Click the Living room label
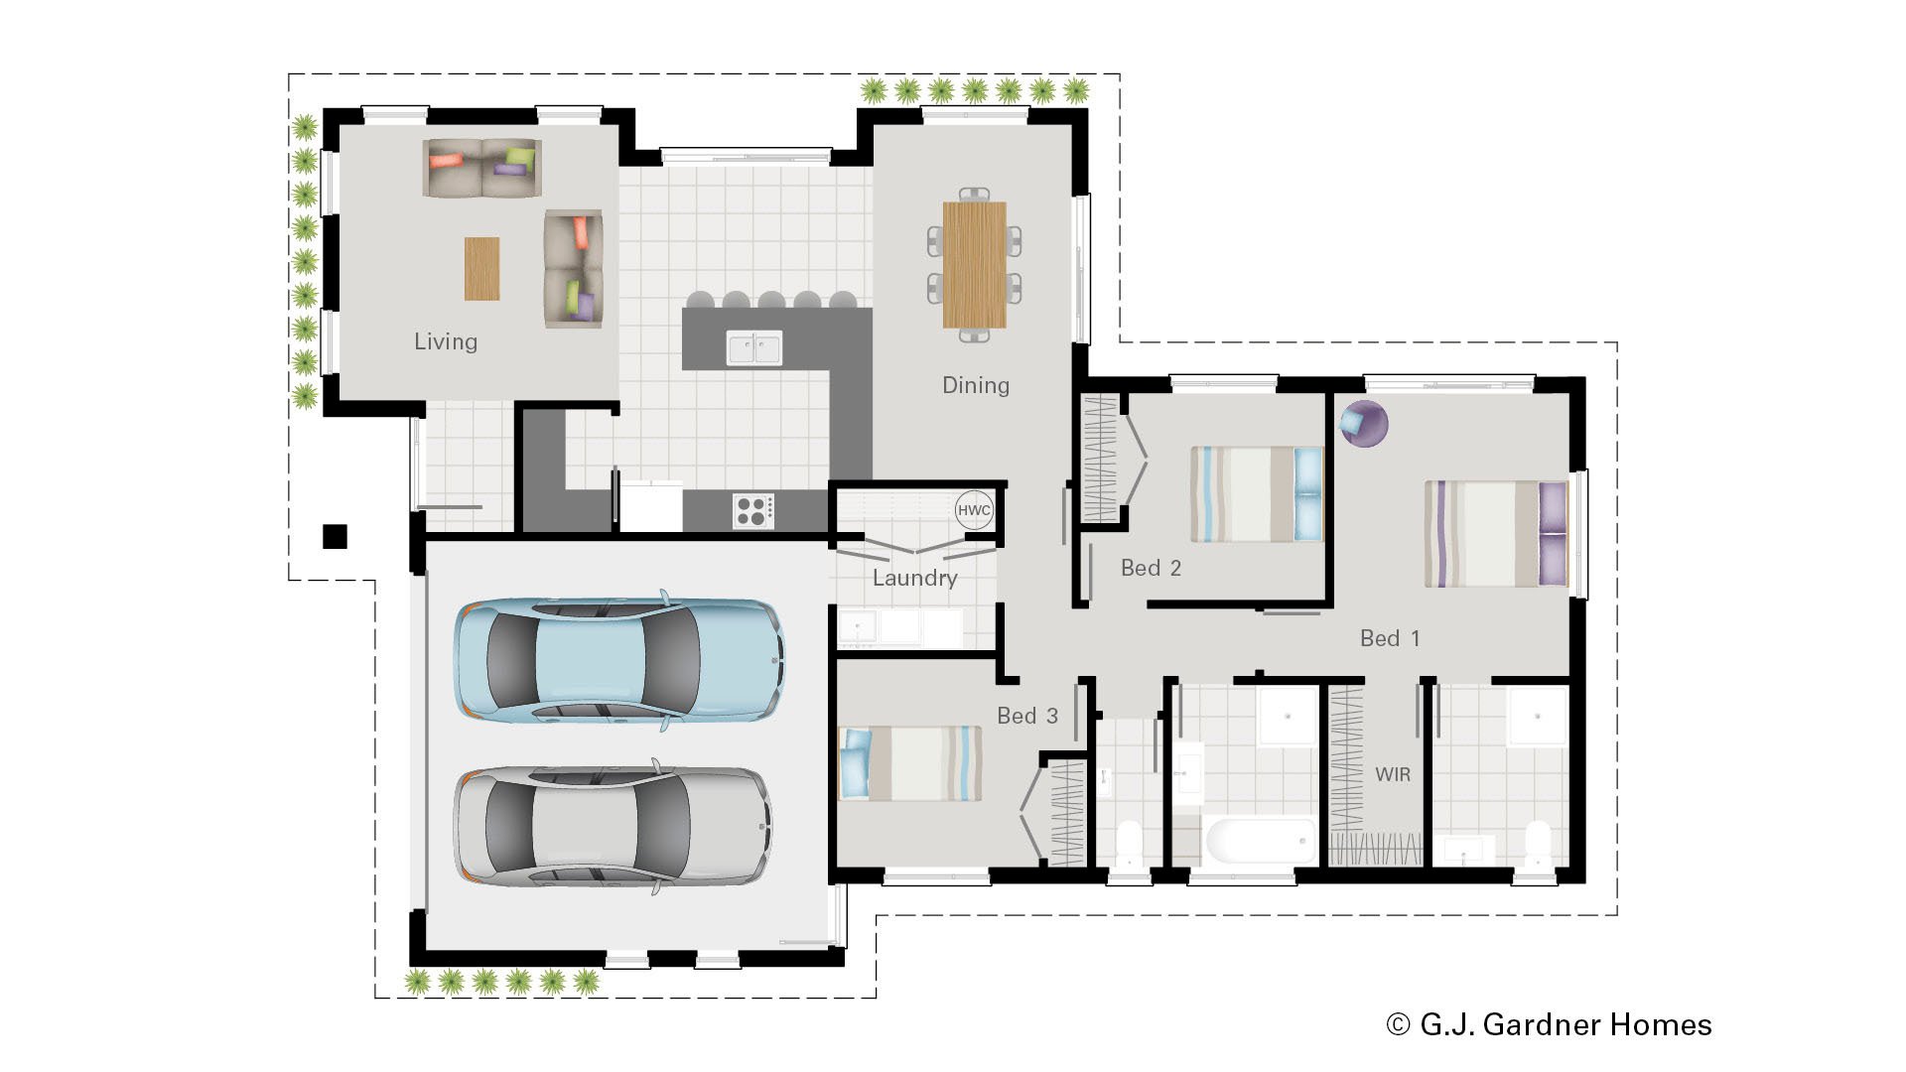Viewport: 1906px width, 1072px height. pos(446,341)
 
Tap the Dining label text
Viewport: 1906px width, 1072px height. pos(975,385)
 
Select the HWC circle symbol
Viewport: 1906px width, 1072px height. pos(973,510)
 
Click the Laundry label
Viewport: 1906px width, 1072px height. pos(914,578)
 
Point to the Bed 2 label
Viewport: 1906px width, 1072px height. pos(1151,568)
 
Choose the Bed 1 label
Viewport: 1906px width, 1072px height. pos(1389,638)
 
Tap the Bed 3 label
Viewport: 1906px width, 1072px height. pos(1026,716)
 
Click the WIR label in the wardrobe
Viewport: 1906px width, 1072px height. pos(1392,774)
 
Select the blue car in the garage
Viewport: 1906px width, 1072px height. pos(619,659)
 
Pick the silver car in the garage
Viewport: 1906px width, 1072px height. pos(612,826)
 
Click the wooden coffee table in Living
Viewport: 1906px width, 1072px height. pos(481,268)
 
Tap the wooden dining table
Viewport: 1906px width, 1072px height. pos(974,265)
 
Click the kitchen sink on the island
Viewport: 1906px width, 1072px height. pos(753,348)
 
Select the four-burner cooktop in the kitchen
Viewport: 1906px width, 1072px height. pos(753,511)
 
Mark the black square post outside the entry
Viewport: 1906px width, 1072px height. pos(335,536)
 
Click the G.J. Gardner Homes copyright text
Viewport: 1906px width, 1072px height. pos(1549,1024)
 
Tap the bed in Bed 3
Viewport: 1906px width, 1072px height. pos(910,762)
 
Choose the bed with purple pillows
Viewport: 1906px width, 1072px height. pos(1495,534)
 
